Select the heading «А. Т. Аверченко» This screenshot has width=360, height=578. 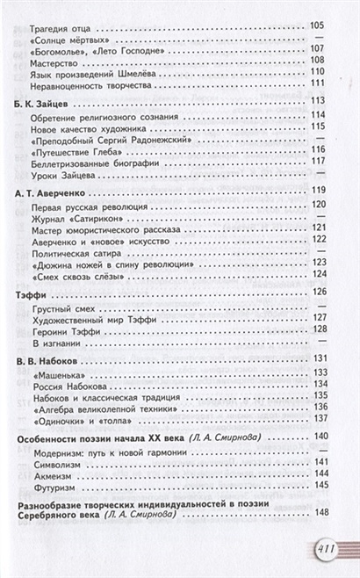point(55,191)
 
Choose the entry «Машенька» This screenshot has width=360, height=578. point(54,372)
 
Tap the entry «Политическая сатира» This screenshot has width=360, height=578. point(78,249)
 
